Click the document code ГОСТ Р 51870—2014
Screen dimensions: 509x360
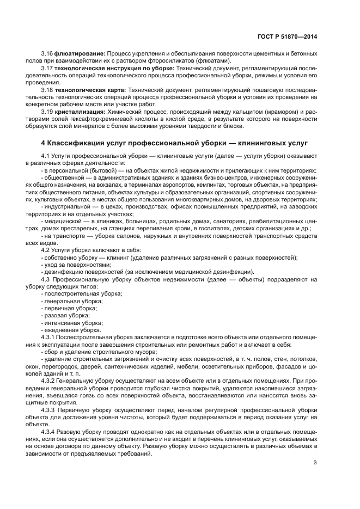[287, 37]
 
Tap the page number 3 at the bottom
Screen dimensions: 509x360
[315, 463]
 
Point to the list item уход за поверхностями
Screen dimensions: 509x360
[72, 265]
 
